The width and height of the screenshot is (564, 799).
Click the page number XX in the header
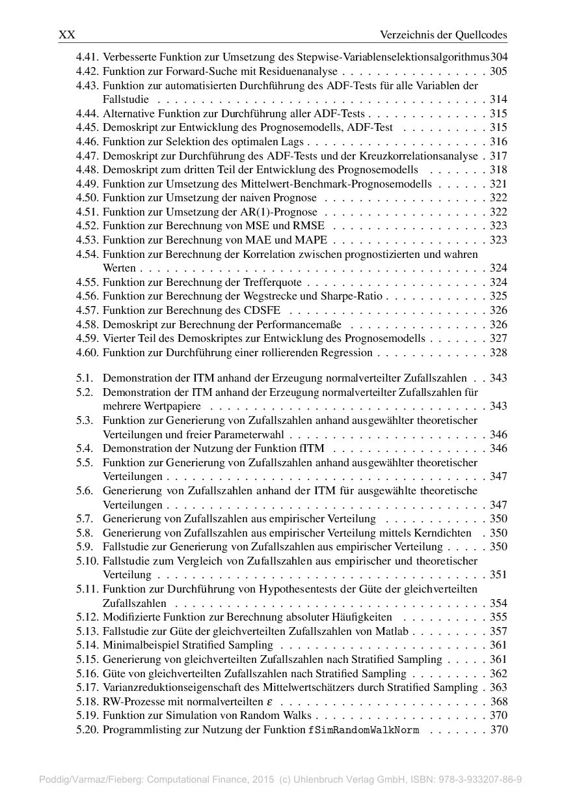point(67,35)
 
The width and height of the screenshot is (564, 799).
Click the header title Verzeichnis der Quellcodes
point(443,35)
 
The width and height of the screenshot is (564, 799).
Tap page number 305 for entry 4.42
point(498,71)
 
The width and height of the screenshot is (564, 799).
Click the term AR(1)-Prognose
point(287,212)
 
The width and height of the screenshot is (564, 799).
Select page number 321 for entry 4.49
point(498,184)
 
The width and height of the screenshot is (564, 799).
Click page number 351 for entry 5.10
point(498,575)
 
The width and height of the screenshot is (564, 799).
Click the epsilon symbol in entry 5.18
point(270,702)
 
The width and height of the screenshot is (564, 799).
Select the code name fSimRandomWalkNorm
point(364,730)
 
